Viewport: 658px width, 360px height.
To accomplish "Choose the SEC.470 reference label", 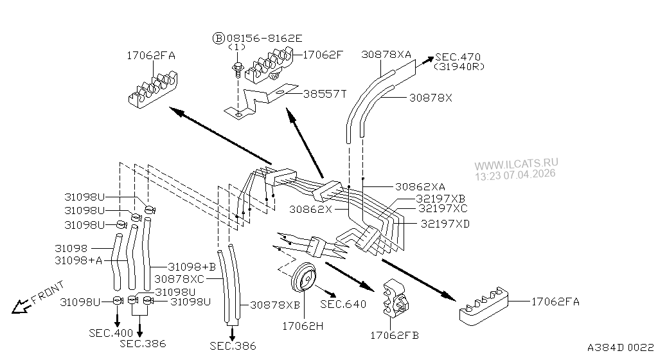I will [458, 57].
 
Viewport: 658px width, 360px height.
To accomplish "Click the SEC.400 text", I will [111, 332].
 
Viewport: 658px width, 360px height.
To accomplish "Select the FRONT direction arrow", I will [39, 298].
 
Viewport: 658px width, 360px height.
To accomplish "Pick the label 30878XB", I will [275, 304].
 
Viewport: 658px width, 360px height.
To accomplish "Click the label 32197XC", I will [442, 208].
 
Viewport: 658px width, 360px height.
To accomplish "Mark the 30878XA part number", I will [386, 55].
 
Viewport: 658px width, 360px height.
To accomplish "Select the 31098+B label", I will [191, 266].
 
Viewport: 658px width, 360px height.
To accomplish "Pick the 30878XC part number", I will [179, 278].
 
